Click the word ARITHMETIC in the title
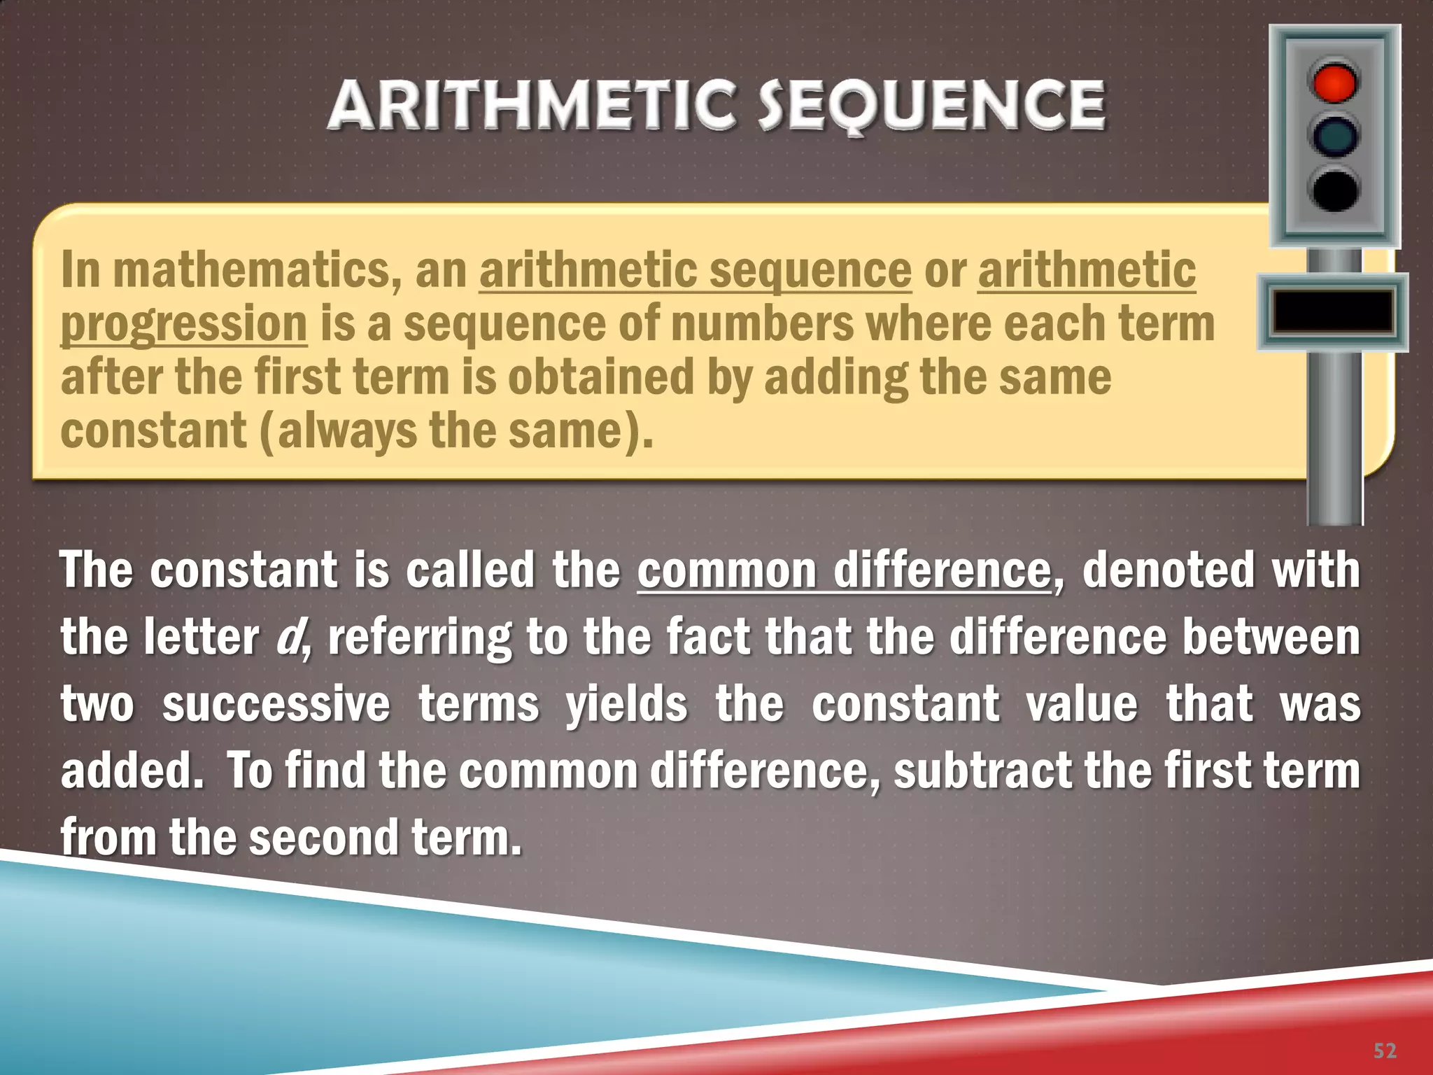click(x=532, y=106)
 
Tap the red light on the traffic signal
click(x=1334, y=83)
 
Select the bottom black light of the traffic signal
click(x=1334, y=190)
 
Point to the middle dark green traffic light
click(x=1334, y=136)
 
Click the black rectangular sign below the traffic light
click(x=1332, y=312)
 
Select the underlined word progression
click(x=184, y=324)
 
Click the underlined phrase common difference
click(x=843, y=570)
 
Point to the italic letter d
click(x=287, y=637)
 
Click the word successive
click(x=276, y=704)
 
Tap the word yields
click(x=626, y=704)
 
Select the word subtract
click(x=982, y=771)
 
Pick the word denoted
click(x=1168, y=570)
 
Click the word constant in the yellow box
click(x=153, y=431)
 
